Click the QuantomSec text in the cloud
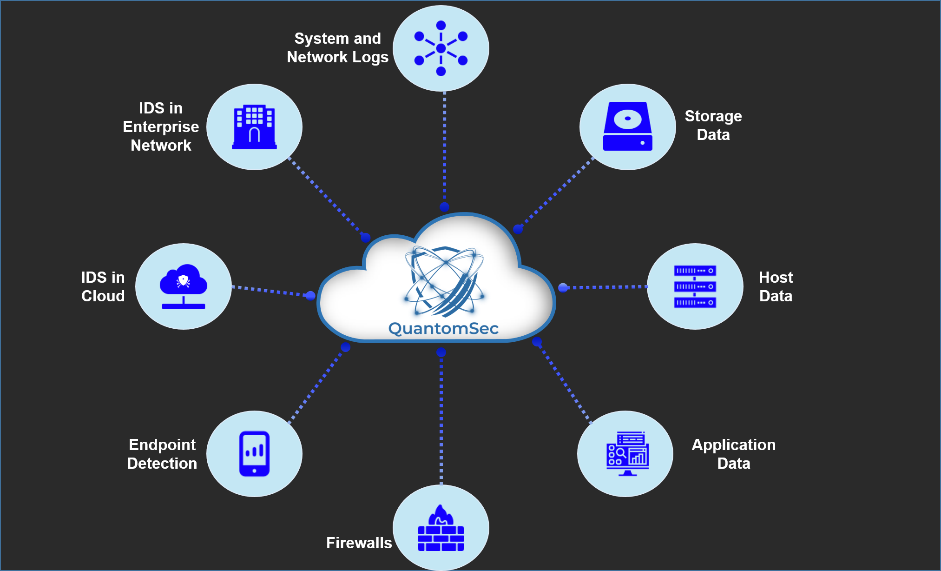point(443,328)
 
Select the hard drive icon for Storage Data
point(627,126)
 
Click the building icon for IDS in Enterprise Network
point(254,127)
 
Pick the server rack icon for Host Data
point(695,286)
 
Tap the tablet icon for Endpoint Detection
point(254,454)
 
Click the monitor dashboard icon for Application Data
point(627,454)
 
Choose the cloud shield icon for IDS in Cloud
point(184,286)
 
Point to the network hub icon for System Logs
point(441,48)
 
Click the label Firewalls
point(359,543)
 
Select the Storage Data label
point(713,125)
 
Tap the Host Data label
point(776,286)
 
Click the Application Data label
point(733,454)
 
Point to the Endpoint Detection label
point(162,454)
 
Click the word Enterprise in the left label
point(161,126)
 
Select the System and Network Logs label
point(338,47)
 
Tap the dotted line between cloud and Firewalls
point(441,418)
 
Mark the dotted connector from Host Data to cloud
point(604,287)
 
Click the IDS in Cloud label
point(103,286)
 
